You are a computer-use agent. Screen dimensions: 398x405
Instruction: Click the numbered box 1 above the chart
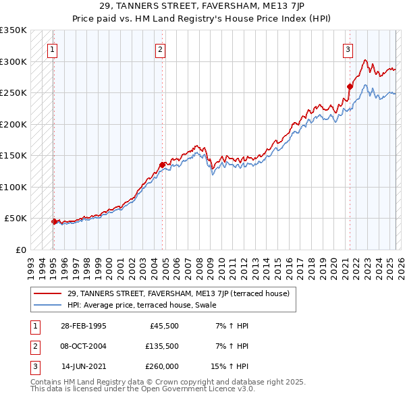click(x=52, y=49)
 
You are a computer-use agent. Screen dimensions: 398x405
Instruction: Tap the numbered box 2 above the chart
click(x=160, y=49)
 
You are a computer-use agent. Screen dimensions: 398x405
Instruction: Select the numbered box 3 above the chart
click(x=348, y=49)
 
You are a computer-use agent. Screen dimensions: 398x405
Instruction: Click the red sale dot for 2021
click(x=350, y=86)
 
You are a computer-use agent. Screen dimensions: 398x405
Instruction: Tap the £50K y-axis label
click(x=16, y=219)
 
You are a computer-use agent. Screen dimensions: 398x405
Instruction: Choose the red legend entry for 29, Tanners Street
click(x=178, y=293)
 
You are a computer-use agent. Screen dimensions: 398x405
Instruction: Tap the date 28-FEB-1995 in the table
click(x=83, y=326)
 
